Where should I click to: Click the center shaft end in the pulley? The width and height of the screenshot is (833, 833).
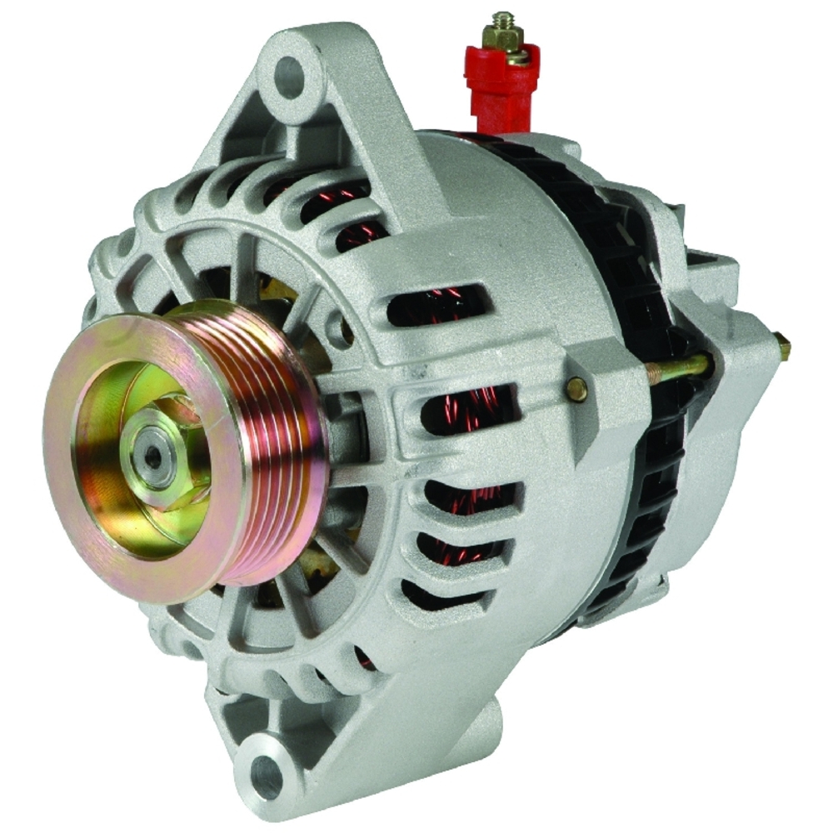pos(153,456)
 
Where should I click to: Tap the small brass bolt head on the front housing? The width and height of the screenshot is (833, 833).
pos(576,388)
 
